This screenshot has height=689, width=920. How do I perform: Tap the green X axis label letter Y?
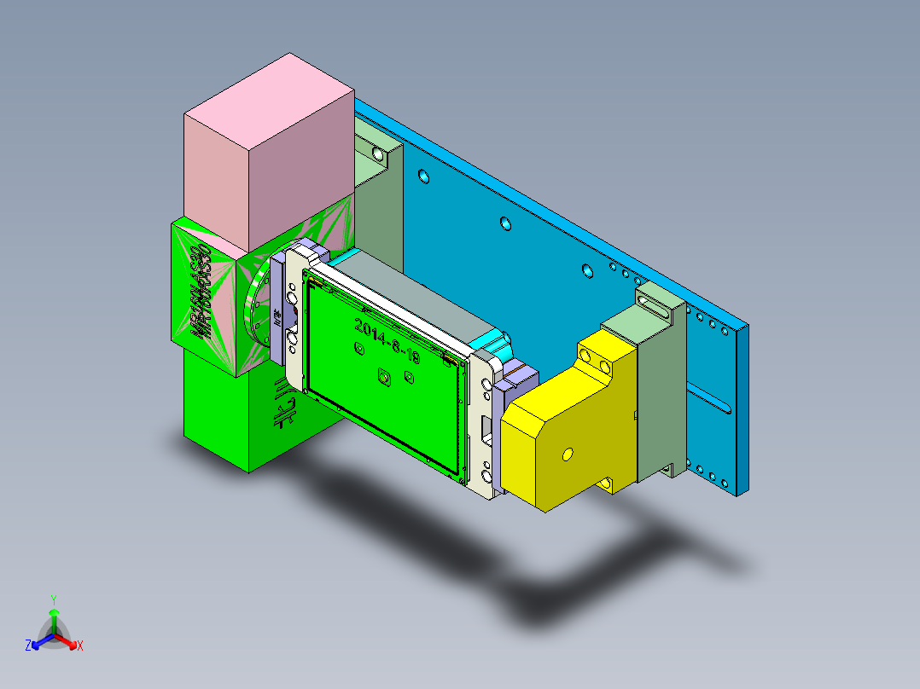[54, 599]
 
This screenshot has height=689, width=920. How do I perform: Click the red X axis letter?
[80, 646]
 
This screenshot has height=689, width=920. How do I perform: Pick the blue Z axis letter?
[28, 646]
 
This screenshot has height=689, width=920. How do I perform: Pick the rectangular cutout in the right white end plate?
[486, 428]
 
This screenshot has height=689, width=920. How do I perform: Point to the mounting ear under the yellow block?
[611, 485]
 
